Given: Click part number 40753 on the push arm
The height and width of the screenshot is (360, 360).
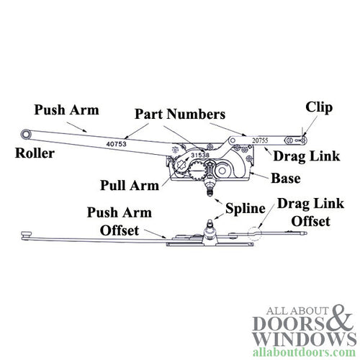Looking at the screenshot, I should [117, 143].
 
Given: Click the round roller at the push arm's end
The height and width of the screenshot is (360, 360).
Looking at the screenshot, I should [26, 135].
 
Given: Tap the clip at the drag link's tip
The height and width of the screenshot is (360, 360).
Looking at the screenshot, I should [303, 138].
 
